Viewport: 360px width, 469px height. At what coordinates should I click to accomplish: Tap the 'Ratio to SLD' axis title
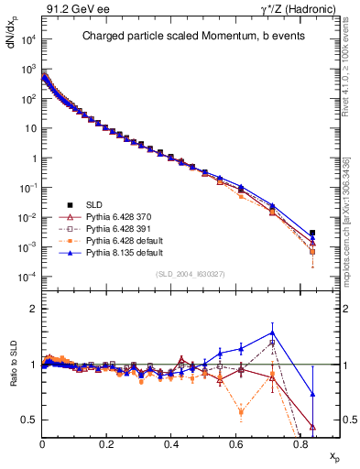pos(11,379)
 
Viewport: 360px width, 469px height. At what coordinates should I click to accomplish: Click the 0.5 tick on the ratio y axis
pos(29,420)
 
